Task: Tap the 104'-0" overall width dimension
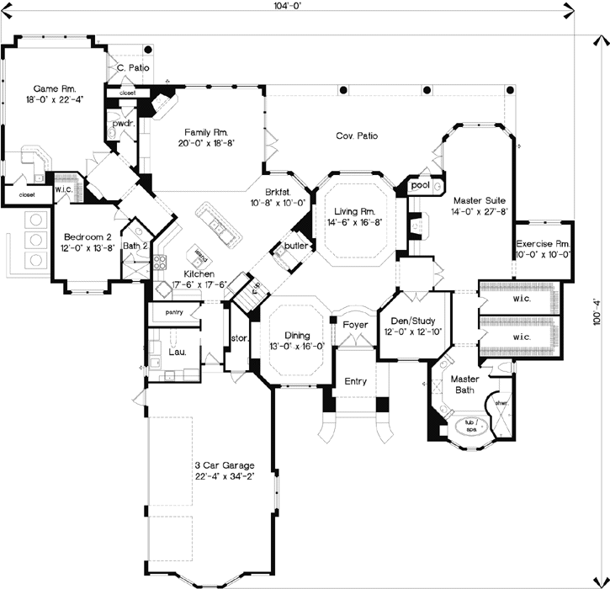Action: pos(286,6)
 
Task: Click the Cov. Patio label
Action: pos(357,135)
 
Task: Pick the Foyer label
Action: pos(354,322)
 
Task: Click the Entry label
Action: pos(356,381)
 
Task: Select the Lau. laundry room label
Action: pos(178,353)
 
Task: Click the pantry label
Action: pos(174,314)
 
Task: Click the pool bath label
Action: pos(420,184)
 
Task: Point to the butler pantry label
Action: pos(295,246)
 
